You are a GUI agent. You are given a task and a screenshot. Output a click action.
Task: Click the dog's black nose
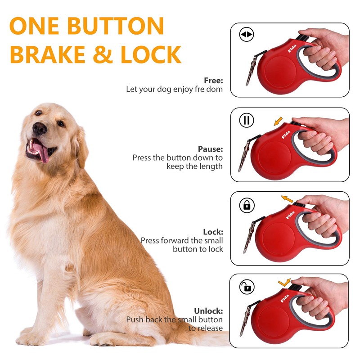40,129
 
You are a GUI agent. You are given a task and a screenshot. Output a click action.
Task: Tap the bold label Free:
213,81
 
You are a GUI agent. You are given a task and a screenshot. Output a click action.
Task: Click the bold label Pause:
210,149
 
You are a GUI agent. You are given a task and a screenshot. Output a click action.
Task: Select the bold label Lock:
213,232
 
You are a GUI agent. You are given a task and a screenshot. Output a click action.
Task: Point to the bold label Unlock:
208,310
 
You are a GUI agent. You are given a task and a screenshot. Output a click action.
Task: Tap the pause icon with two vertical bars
247,120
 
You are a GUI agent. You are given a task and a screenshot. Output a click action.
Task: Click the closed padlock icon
247,205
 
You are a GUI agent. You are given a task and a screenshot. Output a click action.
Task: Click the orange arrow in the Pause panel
278,121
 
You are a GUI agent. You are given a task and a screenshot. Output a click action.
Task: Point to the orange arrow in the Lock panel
287,198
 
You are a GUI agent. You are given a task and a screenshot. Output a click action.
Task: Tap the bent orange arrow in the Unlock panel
284,282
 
